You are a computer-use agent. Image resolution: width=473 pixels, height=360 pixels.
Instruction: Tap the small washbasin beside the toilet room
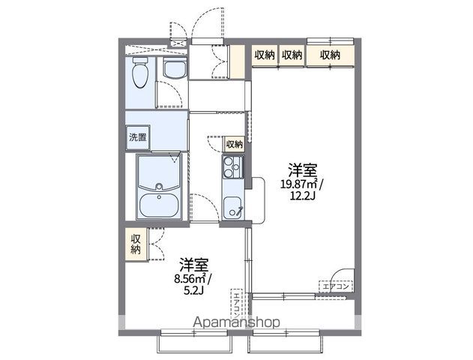[173, 70]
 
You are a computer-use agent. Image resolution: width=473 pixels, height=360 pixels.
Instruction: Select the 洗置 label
[137, 137]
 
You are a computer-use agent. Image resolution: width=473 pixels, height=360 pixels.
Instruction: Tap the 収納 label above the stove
[234, 144]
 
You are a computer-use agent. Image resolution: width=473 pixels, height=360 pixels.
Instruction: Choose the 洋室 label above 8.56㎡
[193, 265]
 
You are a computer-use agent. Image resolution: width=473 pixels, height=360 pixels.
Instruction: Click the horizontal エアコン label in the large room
[336, 286]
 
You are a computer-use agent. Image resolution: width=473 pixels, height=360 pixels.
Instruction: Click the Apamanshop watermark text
[236, 322]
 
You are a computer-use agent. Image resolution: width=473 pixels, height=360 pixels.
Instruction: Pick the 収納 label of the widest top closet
[330, 54]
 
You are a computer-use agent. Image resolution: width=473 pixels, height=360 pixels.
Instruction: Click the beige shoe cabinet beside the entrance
[238, 62]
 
